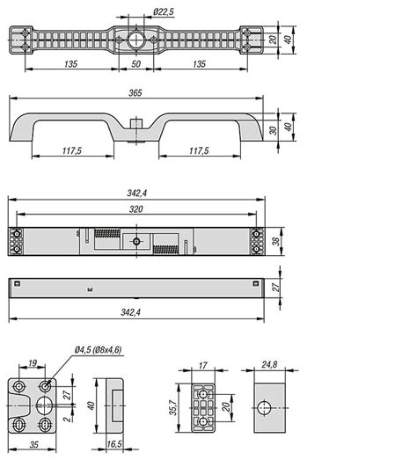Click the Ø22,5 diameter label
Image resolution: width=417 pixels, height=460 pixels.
pyautogui.click(x=163, y=11)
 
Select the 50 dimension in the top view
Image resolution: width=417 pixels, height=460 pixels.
pyautogui.click(x=135, y=64)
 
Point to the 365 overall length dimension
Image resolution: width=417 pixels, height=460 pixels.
pyautogui.click(x=136, y=92)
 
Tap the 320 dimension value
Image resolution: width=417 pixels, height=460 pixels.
pyautogui.click(x=136, y=210)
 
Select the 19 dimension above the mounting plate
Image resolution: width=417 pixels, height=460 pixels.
pyautogui.click(x=32, y=363)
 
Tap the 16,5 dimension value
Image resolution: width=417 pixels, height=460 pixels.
pyautogui.click(x=114, y=446)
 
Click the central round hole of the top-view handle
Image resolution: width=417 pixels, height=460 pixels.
pyautogui.click(x=135, y=40)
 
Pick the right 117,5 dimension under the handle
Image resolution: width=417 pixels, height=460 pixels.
pyautogui.click(x=200, y=151)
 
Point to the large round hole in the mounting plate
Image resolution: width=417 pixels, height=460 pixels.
pyautogui.click(x=45, y=405)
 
